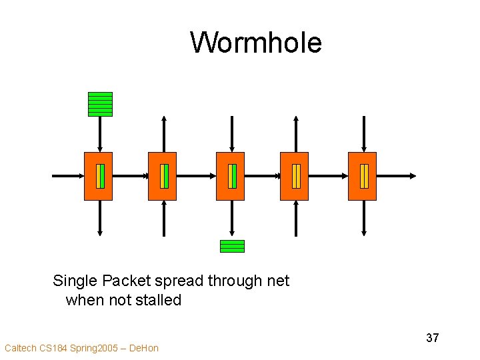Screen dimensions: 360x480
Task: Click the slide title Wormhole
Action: pyautogui.click(x=256, y=43)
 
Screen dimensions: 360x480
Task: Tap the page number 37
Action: pyautogui.click(x=433, y=338)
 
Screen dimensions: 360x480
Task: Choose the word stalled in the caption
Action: pyautogui.click(x=159, y=300)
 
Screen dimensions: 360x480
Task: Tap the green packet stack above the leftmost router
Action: pyautogui.click(x=100, y=104)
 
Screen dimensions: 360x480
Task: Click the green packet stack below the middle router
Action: pyautogui.click(x=232, y=246)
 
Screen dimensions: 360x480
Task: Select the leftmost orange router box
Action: pyautogui.click(x=98, y=176)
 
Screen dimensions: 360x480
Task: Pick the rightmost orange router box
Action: pyautogui.click(x=362, y=176)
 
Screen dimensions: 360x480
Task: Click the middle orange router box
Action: pyautogui.click(x=230, y=176)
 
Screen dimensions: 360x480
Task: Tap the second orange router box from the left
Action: pyautogui.click(x=162, y=176)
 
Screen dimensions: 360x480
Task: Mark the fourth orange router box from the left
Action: pyautogui.click(x=294, y=176)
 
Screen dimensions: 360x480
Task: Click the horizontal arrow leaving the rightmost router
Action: pyautogui.click(x=397, y=176)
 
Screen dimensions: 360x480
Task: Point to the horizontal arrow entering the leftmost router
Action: pyautogui.click(x=67, y=176)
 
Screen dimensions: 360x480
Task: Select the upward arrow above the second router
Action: pyautogui.click(x=164, y=133)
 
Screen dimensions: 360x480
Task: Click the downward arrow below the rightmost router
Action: pyautogui.click(x=364, y=218)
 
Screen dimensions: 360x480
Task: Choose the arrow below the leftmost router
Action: pyautogui.click(x=100, y=218)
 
